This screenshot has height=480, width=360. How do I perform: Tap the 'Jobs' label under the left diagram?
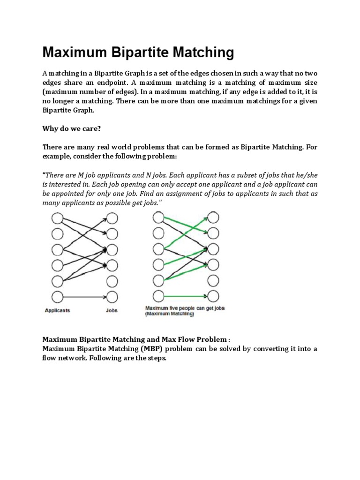click(x=112, y=310)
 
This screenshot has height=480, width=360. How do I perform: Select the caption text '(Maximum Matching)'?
click(x=169, y=315)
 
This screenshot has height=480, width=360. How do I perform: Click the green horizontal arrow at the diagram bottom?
click(x=185, y=296)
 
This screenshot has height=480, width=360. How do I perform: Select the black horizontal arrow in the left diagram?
click(x=84, y=296)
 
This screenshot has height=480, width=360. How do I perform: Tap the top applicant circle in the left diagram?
click(x=57, y=218)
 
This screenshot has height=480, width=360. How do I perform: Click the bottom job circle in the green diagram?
click(x=213, y=296)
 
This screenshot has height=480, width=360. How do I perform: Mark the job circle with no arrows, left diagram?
click(x=112, y=281)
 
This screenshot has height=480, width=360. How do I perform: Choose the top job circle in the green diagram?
click(x=213, y=218)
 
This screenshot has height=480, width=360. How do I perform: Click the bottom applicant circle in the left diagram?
click(x=57, y=296)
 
